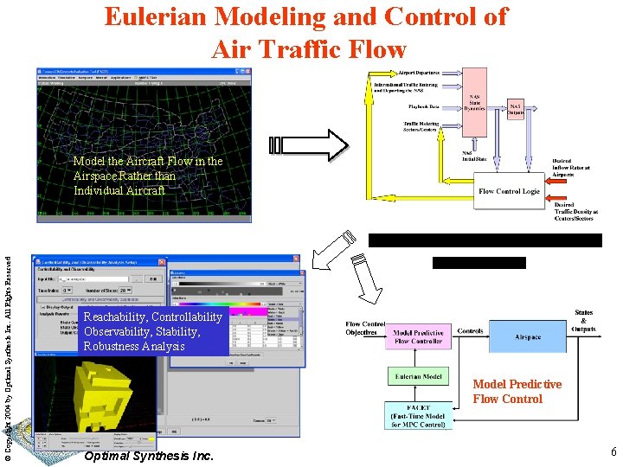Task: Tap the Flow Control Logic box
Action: tap(509, 191)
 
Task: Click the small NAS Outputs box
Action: tap(517, 108)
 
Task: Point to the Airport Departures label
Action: tap(418, 74)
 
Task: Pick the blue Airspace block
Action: tap(528, 337)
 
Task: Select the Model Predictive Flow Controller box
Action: tap(418, 337)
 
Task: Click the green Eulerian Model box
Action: tap(418, 377)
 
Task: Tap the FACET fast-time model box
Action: tap(418, 417)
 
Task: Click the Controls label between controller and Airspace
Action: tap(470, 331)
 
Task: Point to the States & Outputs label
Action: tap(584, 321)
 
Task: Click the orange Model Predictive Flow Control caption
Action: tap(517, 392)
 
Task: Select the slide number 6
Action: tap(612, 452)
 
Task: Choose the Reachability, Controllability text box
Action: tap(152, 331)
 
